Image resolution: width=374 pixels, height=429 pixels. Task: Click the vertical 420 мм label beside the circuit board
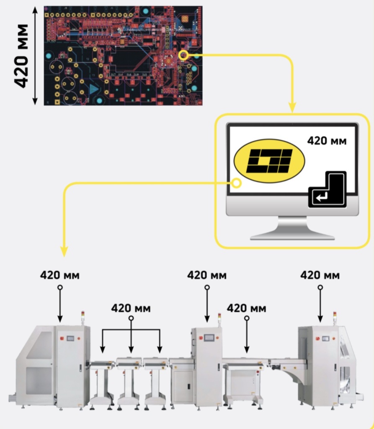coord(21,56)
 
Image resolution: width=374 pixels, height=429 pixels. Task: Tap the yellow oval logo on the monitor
coord(269,161)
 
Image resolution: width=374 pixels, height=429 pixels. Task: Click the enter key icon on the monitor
coord(328,190)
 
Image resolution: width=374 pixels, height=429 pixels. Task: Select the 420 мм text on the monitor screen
coord(327,141)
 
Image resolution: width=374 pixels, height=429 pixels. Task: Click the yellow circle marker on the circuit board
coord(183,55)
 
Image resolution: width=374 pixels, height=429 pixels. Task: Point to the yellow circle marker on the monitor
coord(237,183)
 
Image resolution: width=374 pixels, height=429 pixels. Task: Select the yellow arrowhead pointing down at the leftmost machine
coord(64,250)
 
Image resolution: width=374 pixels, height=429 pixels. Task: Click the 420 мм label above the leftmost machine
coord(59,275)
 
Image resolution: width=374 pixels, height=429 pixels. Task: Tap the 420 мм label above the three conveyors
coord(131,308)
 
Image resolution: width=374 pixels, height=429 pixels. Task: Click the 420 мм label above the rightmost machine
coord(320,275)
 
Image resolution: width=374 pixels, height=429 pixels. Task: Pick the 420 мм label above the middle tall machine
coord(206,275)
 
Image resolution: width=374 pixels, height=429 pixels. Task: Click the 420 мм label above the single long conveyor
coord(246,308)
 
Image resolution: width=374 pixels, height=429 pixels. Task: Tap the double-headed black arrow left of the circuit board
coord(35,55)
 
